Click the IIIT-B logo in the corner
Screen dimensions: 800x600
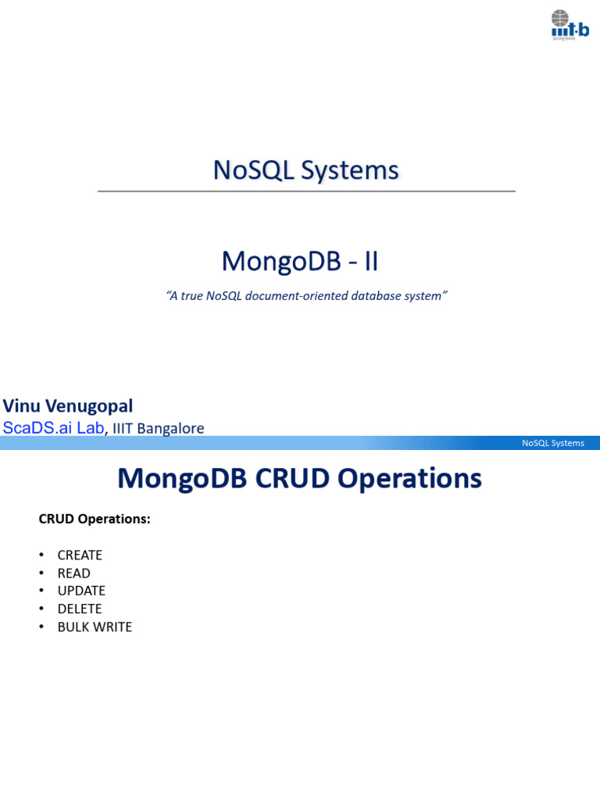[569, 24]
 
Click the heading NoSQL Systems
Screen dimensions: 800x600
[305, 170]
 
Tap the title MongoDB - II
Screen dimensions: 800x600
[300, 262]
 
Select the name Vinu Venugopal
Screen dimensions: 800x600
[68, 406]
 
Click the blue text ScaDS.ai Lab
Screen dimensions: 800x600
[53, 428]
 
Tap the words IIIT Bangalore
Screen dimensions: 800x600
[159, 429]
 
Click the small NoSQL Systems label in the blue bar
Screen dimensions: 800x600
[552, 443]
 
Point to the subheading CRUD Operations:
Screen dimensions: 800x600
[95, 519]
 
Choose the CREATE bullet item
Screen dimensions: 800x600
[80, 555]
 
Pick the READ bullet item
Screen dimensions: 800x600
[73, 573]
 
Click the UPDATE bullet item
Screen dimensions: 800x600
[81, 591]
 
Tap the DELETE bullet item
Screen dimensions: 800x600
[80, 609]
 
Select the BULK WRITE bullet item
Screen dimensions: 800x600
[95, 627]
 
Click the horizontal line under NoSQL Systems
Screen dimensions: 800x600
[306, 191]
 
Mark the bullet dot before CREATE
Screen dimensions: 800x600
[41, 555]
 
